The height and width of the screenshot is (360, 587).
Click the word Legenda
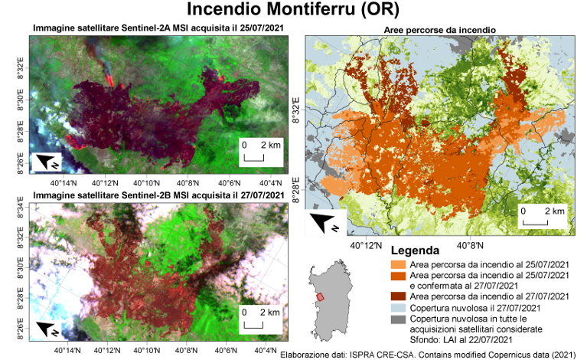point(414,251)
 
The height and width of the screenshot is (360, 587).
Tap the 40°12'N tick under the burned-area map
point(367,244)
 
